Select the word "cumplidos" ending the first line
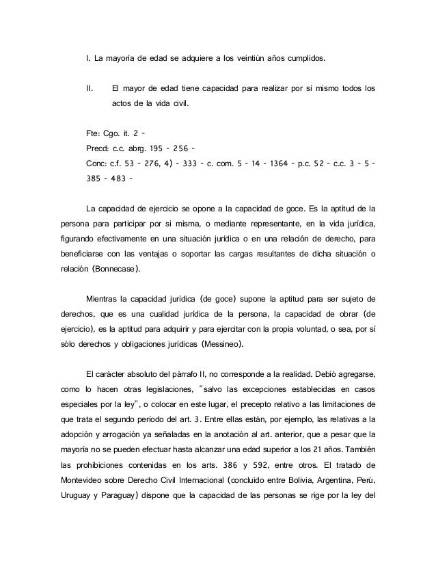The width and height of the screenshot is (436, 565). pos(303,60)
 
